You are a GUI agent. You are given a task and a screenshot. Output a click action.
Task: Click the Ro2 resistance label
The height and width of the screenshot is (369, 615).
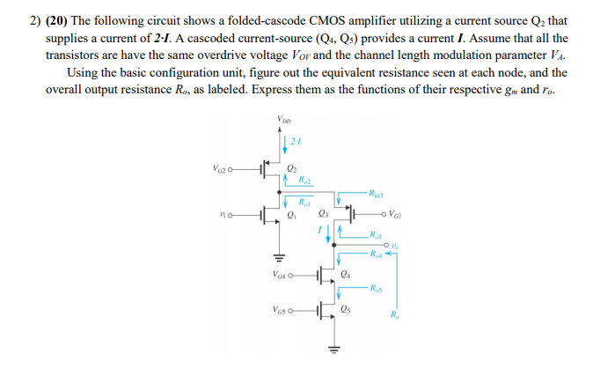[304, 181]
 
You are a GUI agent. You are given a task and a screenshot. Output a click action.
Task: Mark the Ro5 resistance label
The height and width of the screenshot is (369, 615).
[376, 287]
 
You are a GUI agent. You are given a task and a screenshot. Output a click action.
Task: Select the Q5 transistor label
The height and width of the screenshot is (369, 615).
[346, 312]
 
